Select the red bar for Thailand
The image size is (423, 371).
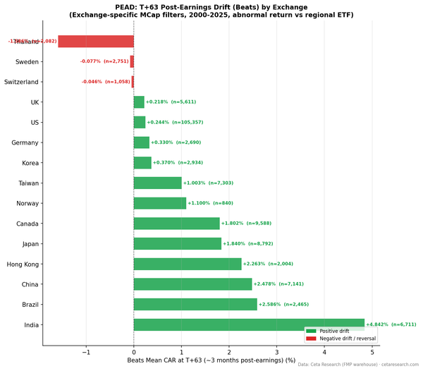tap(96, 42)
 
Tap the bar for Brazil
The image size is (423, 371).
tap(195, 305)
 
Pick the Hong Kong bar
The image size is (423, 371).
tap(188, 264)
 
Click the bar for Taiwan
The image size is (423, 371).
tap(157, 183)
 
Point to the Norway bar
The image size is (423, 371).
tap(160, 203)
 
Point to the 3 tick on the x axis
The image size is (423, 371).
tap(277, 351)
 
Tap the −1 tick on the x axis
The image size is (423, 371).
tap(86, 351)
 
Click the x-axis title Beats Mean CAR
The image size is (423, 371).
tap(211, 360)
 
